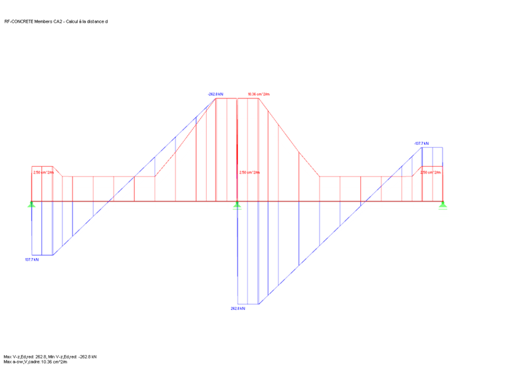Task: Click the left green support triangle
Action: click(x=31, y=204)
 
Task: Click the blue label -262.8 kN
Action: click(x=216, y=94)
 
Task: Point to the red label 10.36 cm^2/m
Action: click(x=259, y=94)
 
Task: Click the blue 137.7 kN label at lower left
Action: click(x=32, y=260)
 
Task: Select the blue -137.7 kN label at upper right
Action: click(x=421, y=144)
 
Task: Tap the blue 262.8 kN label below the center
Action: click(x=238, y=309)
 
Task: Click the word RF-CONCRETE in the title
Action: click(x=18, y=21)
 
